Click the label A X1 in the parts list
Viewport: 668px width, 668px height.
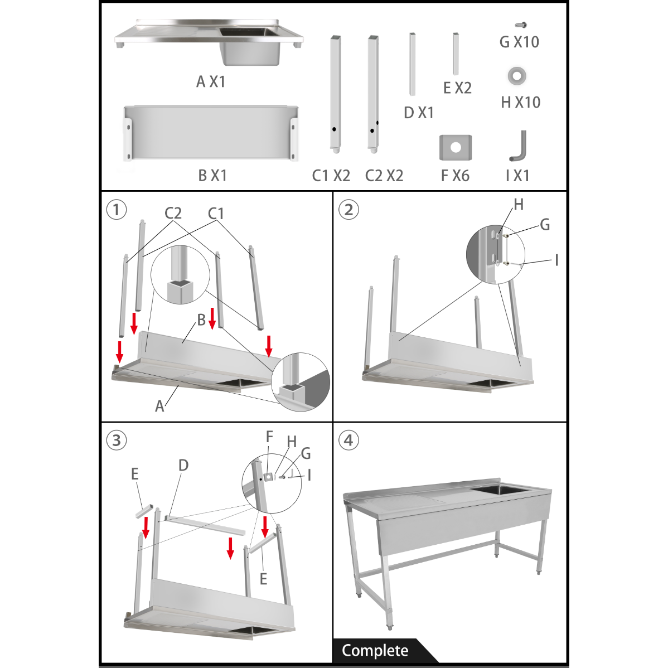click(210, 81)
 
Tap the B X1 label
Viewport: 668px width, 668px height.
click(212, 175)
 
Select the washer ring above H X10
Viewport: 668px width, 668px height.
click(517, 76)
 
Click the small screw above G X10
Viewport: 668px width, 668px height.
click(521, 25)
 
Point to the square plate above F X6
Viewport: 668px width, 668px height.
click(456, 147)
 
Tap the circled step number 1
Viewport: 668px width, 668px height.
click(117, 210)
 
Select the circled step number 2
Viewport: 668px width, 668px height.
click(348, 210)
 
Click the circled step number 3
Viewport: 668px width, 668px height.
click(117, 440)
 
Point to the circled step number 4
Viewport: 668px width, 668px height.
click(348, 440)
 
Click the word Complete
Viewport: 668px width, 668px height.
click(375, 651)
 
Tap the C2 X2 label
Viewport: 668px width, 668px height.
click(384, 176)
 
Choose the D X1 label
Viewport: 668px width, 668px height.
click(418, 113)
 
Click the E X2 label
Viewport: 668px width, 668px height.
click(457, 88)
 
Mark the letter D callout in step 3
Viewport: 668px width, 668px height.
click(183, 465)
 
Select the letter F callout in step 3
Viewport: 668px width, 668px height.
click(269, 437)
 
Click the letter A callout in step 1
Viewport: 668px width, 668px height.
click(160, 406)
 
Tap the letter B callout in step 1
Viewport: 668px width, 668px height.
click(201, 320)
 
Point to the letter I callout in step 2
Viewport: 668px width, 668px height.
click(556, 260)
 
